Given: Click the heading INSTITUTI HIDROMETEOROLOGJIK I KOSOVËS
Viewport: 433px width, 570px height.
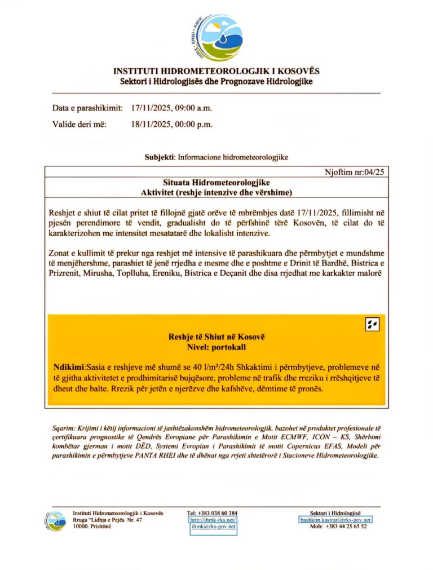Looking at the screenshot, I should (216, 72).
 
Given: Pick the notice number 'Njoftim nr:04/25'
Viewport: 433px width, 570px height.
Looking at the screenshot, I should (354, 173).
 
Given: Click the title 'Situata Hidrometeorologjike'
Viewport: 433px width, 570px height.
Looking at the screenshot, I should (216, 183).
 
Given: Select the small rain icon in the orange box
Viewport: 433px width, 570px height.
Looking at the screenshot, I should (372, 324).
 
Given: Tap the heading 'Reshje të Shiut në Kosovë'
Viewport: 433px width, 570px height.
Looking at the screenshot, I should (216, 337).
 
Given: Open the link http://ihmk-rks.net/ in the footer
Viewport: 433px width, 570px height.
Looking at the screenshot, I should (212, 520).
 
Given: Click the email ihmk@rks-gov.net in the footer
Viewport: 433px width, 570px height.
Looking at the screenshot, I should (212, 527).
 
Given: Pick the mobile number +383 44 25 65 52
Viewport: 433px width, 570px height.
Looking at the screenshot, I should (346, 527).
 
